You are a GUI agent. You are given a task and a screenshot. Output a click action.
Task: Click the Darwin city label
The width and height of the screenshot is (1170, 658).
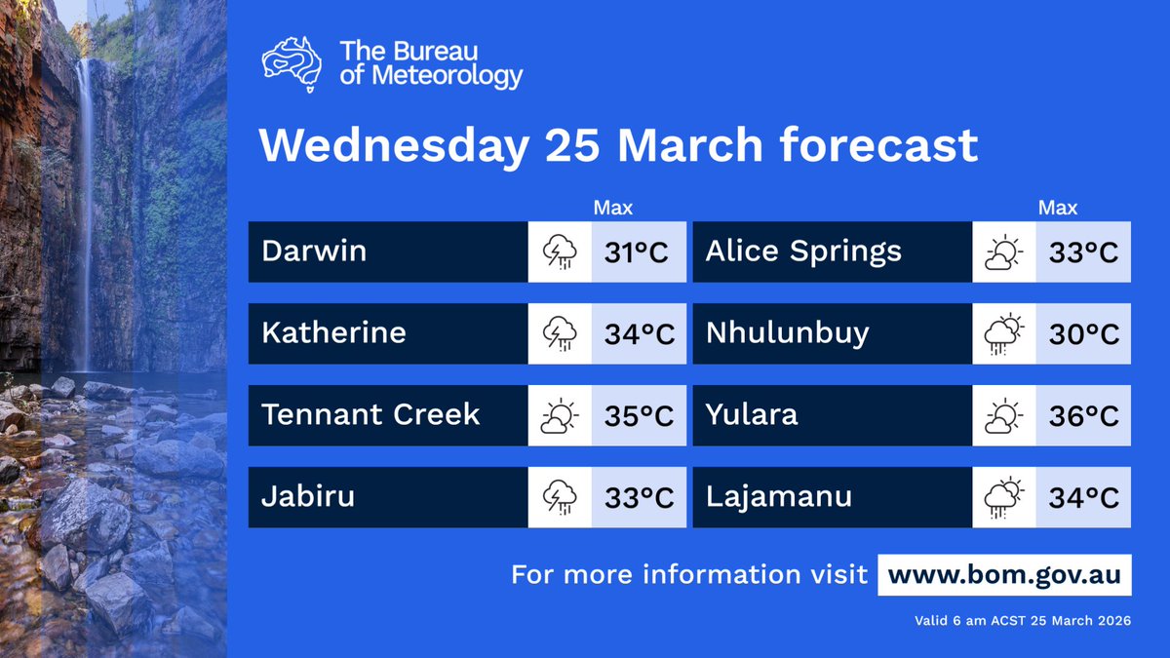tap(314, 252)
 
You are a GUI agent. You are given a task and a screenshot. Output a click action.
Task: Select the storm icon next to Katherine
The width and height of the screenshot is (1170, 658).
tap(560, 334)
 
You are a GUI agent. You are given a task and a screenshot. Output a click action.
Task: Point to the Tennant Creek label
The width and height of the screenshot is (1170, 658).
tap(370, 414)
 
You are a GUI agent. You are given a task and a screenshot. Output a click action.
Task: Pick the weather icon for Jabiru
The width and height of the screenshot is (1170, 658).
tap(560, 498)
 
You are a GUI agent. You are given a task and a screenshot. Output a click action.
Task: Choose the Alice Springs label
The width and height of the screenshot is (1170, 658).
tap(803, 252)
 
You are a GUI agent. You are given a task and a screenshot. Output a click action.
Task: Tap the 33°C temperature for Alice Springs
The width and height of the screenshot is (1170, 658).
tap(1083, 252)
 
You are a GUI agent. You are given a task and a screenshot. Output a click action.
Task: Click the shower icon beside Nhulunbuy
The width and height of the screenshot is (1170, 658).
tap(1004, 334)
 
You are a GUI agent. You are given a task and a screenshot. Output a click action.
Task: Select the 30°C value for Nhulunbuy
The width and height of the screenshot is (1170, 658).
tap(1083, 334)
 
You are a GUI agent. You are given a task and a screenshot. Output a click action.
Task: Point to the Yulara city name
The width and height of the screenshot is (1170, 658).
tap(751, 414)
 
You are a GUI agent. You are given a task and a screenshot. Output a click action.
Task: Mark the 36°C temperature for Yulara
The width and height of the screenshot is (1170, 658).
tap(1083, 416)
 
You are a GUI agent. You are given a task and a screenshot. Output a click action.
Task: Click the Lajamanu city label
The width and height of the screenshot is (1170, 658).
tap(778, 496)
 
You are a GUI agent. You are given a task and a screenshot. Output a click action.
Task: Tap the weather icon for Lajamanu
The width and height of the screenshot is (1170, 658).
tap(1004, 498)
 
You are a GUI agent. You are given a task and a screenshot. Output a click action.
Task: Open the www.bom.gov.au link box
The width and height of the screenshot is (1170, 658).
tap(1004, 575)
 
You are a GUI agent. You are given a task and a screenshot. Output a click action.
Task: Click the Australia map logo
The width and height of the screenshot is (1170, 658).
tap(292, 63)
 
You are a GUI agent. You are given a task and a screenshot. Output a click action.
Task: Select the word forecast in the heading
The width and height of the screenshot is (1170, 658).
tap(878, 145)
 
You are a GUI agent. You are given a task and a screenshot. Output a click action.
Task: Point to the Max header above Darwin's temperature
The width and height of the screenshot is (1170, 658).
tap(613, 208)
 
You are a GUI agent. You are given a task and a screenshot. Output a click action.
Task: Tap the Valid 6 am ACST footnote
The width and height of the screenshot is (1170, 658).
tap(1023, 621)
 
